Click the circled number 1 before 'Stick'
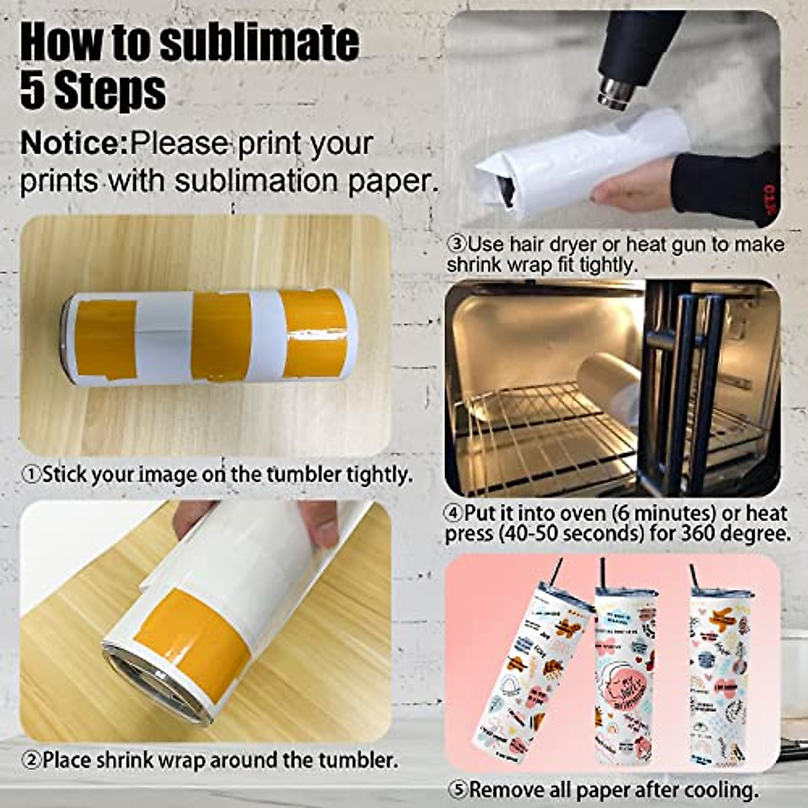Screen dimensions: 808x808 (31, 475)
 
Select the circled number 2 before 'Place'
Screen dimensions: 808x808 (31, 761)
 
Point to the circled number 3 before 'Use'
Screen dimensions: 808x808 (457, 244)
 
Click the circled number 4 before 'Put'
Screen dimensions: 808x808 (453, 514)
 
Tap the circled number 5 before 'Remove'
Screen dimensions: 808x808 (458, 790)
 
